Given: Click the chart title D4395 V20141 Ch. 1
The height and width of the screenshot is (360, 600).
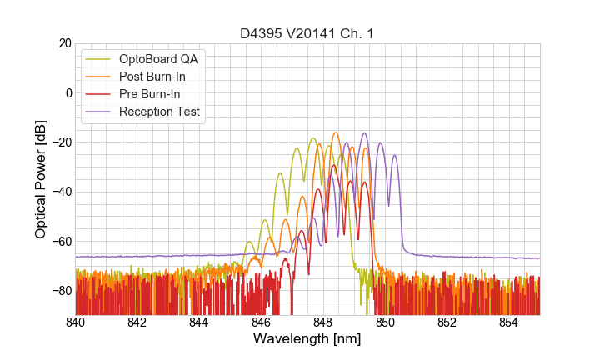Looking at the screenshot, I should [307, 33].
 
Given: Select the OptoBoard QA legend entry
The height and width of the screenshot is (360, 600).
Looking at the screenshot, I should [158, 59].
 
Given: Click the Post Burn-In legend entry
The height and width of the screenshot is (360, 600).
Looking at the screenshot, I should [152, 77].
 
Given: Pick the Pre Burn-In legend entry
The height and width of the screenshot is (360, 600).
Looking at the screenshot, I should [149, 94].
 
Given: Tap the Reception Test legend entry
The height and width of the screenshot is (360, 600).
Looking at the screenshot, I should [159, 112].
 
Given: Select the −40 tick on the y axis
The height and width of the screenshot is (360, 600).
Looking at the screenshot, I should [61, 192].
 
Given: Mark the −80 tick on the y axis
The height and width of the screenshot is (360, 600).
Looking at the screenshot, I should [61, 290].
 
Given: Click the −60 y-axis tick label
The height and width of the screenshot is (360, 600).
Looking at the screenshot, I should [61, 241].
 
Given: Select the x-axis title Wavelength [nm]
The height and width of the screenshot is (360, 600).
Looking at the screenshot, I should [307, 339].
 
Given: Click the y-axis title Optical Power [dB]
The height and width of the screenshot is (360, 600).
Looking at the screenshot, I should [41, 179].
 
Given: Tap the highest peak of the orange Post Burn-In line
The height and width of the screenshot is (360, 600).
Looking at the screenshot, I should [336, 132].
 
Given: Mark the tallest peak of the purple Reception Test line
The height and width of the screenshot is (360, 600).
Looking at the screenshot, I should [364, 133].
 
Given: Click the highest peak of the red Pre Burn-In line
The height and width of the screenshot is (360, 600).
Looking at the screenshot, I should [334, 165].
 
